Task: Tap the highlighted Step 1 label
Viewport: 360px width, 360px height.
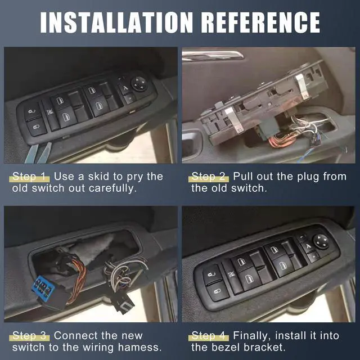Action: coord(31,176)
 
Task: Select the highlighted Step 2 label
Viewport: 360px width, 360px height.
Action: coord(209,176)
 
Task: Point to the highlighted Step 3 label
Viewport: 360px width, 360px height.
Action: coord(31,336)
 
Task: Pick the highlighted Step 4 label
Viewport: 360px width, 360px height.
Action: coord(209,336)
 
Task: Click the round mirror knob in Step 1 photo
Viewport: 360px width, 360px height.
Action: coord(139,83)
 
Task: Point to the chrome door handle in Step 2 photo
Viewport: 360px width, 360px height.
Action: coord(214,55)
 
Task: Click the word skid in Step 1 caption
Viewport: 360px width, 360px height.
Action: coord(101,176)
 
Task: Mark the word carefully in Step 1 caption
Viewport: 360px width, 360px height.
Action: coord(113,188)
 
